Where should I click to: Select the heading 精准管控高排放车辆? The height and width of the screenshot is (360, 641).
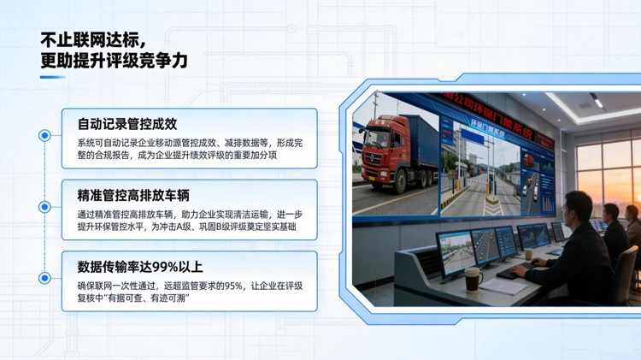point(132,195)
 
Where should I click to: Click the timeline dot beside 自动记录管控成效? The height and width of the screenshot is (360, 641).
point(44,135)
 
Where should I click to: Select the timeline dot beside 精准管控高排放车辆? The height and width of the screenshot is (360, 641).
point(44,207)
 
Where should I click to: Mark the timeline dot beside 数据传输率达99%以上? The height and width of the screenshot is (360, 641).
point(44,278)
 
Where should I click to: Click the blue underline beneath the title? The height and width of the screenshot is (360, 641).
point(52,78)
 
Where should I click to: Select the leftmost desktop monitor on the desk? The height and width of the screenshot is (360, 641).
point(456,250)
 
